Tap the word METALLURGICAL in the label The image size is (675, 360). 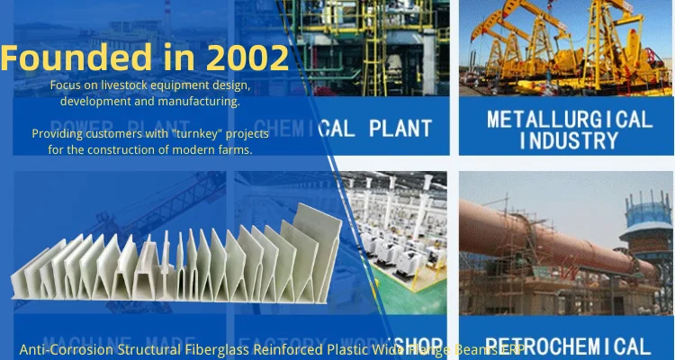point(570,120)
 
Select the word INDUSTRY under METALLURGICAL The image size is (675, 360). point(570,140)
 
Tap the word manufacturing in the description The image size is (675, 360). point(202,101)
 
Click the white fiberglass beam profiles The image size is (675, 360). point(180,261)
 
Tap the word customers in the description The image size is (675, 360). point(112,133)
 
